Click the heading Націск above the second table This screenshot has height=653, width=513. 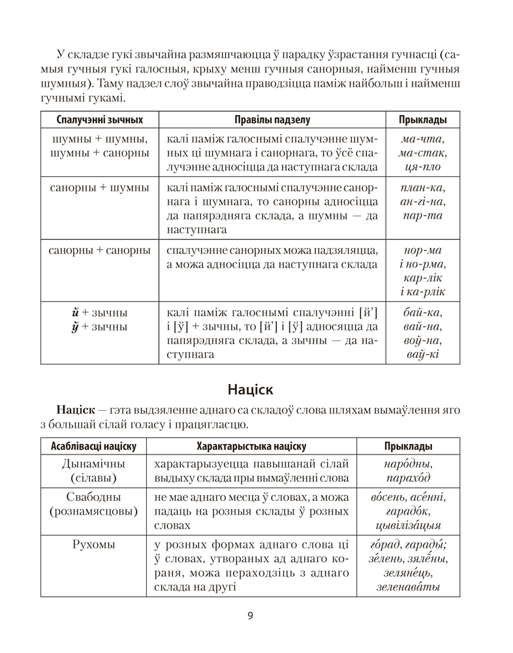[x=251, y=390]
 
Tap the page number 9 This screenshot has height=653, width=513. [x=251, y=614]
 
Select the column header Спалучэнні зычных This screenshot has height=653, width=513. [x=99, y=120]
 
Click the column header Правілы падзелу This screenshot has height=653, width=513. [x=272, y=120]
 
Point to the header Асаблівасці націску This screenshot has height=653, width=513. [x=93, y=447]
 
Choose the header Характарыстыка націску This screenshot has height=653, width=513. [x=251, y=447]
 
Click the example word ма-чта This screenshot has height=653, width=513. [x=422, y=139]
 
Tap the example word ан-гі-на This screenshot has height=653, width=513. [x=422, y=202]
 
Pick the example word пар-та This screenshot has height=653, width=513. [x=422, y=216]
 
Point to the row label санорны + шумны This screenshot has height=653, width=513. [x=99, y=188]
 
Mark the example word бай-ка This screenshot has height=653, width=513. [x=422, y=312]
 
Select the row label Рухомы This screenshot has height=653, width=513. [x=93, y=544]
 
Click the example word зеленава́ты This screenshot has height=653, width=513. [x=408, y=587]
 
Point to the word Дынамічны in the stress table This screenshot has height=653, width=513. [x=93, y=464]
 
